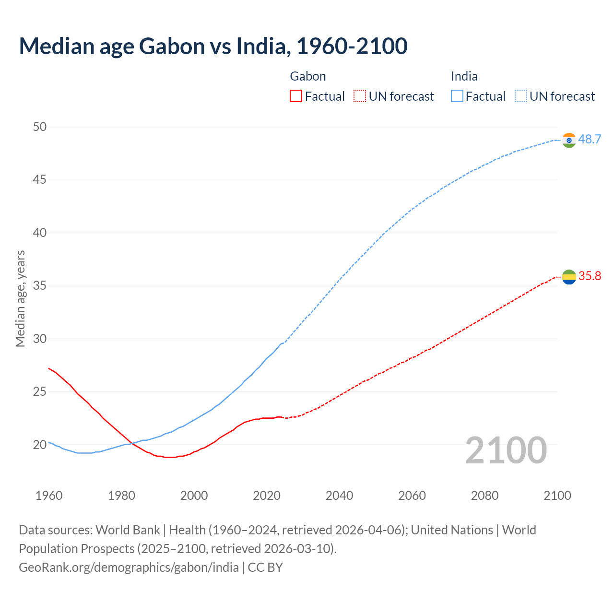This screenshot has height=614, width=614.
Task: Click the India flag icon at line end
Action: pyautogui.click(x=569, y=140)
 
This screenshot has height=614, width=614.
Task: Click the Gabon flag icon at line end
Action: pyautogui.click(x=569, y=277)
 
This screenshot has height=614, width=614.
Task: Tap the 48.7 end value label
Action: pyautogui.click(x=590, y=140)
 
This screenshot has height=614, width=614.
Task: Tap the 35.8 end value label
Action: pyautogui.click(x=590, y=276)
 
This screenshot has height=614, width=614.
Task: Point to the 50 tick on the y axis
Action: pyautogui.click(x=40, y=127)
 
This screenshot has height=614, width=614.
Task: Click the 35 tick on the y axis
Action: pyautogui.click(x=40, y=286)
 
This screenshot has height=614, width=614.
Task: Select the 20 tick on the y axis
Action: pyautogui.click(x=40, y=445)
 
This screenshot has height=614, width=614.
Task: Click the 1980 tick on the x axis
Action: pyautogui.click(x=121, y=496)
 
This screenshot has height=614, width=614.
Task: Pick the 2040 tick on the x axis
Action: pyautogui.click(x=339, y=496)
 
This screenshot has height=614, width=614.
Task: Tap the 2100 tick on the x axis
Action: pyautogui.click(x=557, y=496)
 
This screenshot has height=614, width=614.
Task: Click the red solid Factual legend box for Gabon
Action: pyautogui.click(x=296, y=96)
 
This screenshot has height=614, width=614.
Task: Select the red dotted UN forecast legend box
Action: pyautogui.click(x=360, y=96)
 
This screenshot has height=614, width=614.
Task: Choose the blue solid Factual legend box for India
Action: pyautogui.click(x=457, y=96)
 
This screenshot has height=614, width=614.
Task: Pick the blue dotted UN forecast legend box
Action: pyautogui.click(x=520, y=96)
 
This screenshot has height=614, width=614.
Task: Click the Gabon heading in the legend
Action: pyautogui.click(x=308, y=76)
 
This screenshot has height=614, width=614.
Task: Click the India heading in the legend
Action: pyautogui.click(x=464, y=76)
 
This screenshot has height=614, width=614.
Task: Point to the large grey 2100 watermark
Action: pyautogui.click(x=506, y=450)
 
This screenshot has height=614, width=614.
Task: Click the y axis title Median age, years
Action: pyautogui.click(x=20, y=298)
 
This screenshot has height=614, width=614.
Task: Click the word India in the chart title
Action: pyautogui.click(x=262, y=46)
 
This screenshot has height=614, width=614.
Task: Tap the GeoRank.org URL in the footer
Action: pyautogui.click(x=129, y=567)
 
